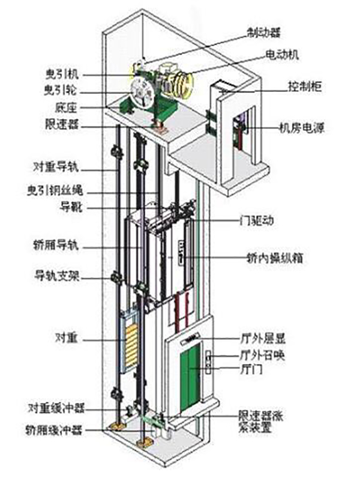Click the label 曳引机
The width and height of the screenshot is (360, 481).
61,74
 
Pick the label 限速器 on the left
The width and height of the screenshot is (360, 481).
61,124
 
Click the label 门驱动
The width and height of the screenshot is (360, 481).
259,220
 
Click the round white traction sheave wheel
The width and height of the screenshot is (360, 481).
143,95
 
